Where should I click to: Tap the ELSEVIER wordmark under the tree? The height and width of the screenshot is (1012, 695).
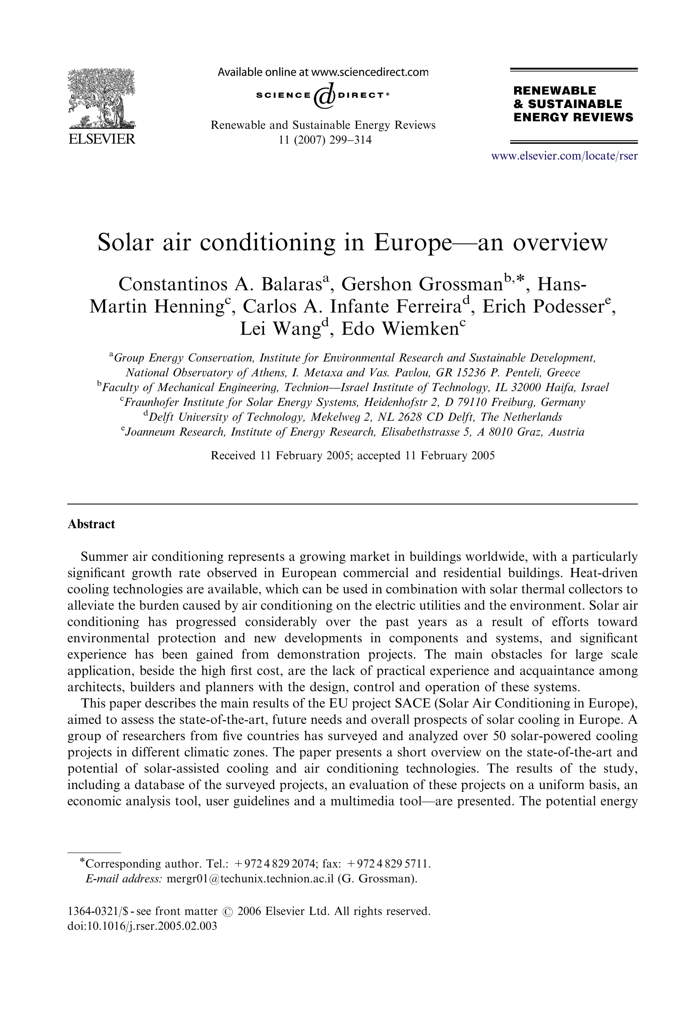[x=101, y=140]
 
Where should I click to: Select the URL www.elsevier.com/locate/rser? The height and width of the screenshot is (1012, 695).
[x=564, y=156]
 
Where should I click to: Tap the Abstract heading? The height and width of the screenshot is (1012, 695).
[x=91, y=524]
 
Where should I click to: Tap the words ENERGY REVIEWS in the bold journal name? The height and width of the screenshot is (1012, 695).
[x=573, y=117]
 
